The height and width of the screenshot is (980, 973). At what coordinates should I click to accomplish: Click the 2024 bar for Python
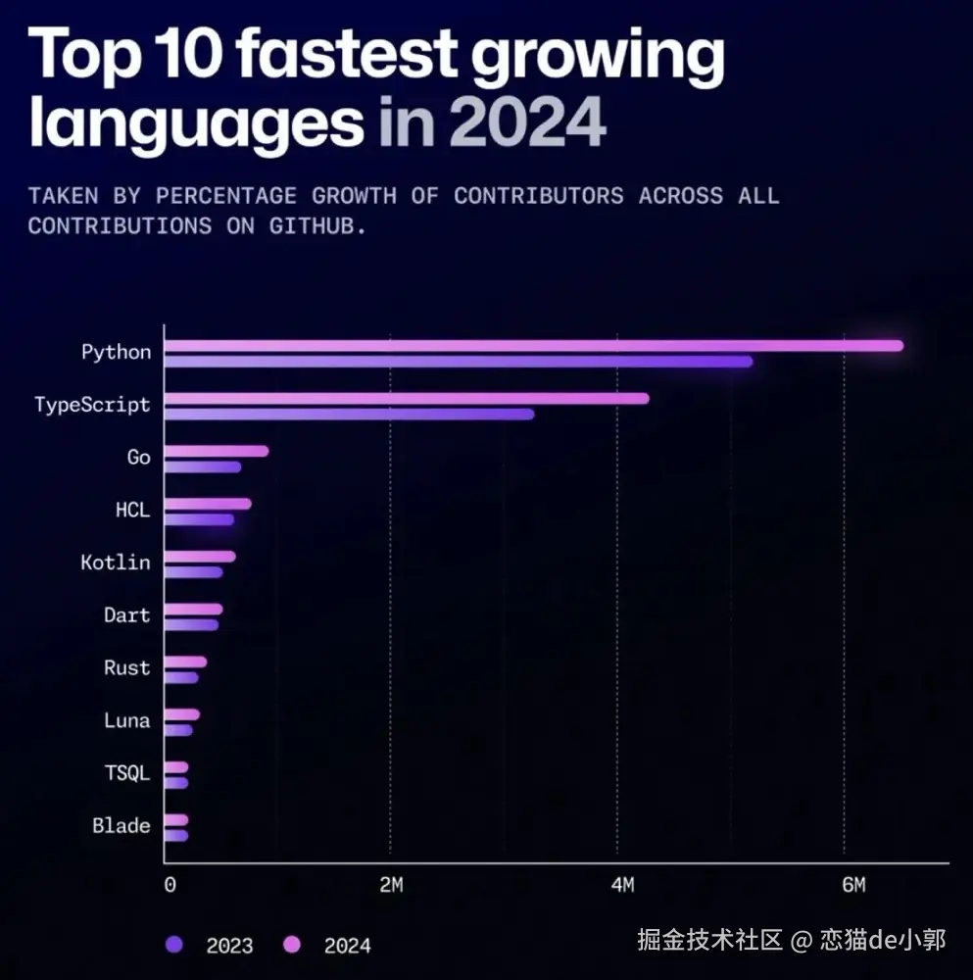pos(534,345)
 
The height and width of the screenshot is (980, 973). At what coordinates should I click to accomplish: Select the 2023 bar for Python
pos(459,362)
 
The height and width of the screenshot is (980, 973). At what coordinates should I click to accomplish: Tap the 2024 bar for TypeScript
pos(407,398)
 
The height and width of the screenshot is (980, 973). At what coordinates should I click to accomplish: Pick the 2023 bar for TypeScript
pos(350,414)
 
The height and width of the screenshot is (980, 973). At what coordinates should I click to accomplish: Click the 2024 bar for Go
pos(217,451)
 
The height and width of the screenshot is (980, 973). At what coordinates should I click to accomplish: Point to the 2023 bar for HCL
pos(199,519)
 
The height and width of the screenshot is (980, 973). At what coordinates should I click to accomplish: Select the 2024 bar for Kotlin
pos(200,557)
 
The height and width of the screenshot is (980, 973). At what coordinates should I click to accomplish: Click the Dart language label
pos(127,615)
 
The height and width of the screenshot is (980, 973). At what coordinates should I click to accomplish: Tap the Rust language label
pos(127,668)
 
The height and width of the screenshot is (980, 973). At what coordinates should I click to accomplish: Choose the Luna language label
pos(127,721)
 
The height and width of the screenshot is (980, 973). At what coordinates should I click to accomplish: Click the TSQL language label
pos(127,773)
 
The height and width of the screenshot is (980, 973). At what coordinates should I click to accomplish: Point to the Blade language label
pos(122,826)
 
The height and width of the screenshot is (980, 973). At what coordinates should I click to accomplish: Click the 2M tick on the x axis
pos(391,886)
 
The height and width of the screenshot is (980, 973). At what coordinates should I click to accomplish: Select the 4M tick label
pos(622,886)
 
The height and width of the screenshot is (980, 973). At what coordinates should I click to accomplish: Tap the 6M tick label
pos(853,886)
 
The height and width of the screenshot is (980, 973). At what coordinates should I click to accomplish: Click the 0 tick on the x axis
pos(170,886)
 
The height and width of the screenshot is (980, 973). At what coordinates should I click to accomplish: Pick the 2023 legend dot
pos(174,945)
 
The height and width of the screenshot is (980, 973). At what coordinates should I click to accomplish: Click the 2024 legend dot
pos(291,945)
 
